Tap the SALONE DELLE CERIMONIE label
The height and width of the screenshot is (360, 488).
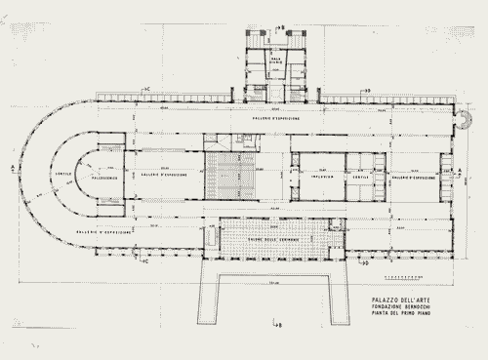[269, 226]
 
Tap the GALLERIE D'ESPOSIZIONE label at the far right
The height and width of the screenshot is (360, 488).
[414, 179]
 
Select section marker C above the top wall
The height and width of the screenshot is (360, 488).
[147, 90]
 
